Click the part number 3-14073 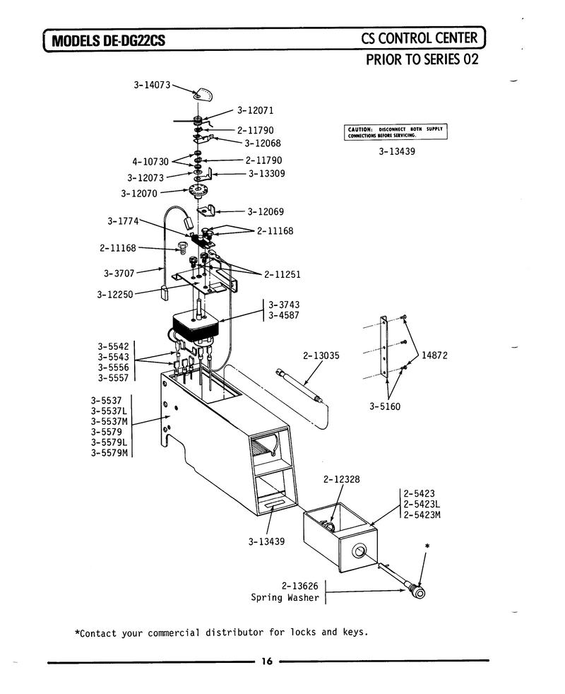coord(152,85)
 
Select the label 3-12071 coord(255,110)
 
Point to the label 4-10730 coord(150,162)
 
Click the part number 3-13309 coord(266,174)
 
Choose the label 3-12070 coord(139,194)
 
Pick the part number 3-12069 coord(266,211)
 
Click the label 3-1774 coord(123,221)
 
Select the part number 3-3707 coord(119,273)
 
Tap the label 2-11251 coord(282,274)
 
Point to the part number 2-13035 coord(321,355)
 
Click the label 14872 coord(434,355)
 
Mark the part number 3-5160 coord(385,406)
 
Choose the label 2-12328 coord(342,479)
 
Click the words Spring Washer coord(285,597)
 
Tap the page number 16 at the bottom coord(266,661)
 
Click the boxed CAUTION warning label coord(395,132)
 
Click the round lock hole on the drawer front coord(359,551)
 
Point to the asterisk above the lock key coord(427,546)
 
